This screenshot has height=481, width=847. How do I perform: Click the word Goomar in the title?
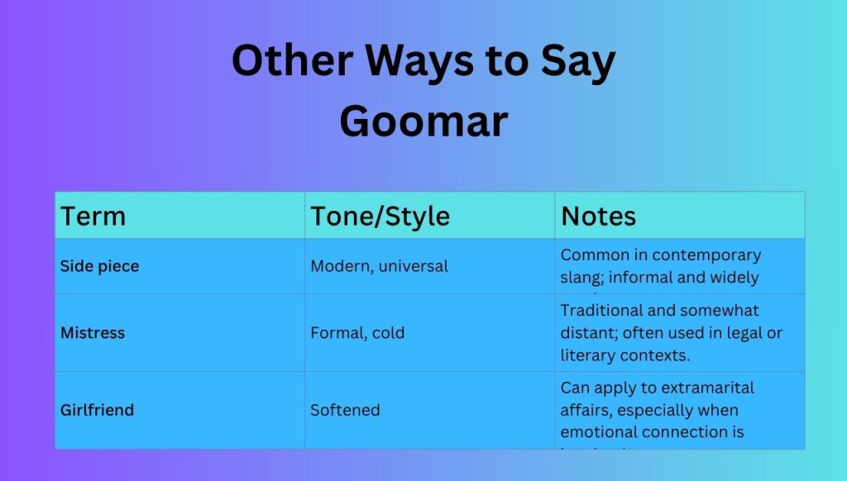[423, 121]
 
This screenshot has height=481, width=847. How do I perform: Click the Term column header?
[93, 217]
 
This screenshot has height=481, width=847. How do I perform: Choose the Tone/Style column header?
[380, 217]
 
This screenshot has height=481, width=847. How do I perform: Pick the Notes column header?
[599, 217]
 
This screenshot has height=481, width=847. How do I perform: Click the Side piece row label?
[99, 266]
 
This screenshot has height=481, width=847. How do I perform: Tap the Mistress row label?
[93, 333]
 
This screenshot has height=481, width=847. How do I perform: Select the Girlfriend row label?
[97, 410]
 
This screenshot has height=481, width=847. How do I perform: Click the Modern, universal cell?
[379, 266]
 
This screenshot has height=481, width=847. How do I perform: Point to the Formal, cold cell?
[357, 333]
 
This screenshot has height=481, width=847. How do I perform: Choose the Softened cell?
[345, 410]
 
